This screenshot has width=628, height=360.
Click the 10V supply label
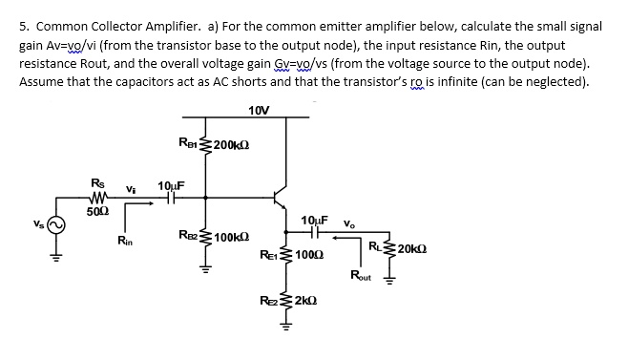tap(258, 110)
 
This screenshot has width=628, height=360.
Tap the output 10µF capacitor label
tap(314, 222)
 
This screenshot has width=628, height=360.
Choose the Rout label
tap(363, 277)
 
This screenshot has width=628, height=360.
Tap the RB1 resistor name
tap(189, 143)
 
